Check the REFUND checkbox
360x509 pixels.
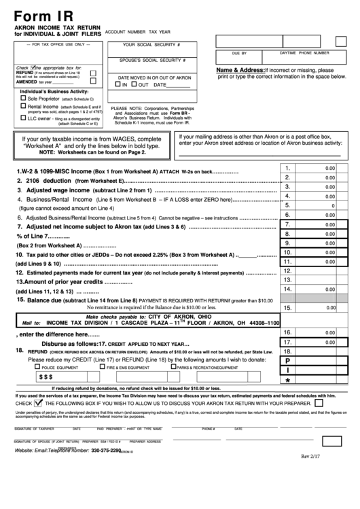pyautogui.click(x=93, y=71)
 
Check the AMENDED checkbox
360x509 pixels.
pyautogui.click(x=93, y=81)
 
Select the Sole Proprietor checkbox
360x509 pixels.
pyautogui.click(x=24, y=99)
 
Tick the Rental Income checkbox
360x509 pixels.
pyautogui.click(x=24, y=107)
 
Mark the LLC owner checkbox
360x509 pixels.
pyautogui.click(x=24, y=118)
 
